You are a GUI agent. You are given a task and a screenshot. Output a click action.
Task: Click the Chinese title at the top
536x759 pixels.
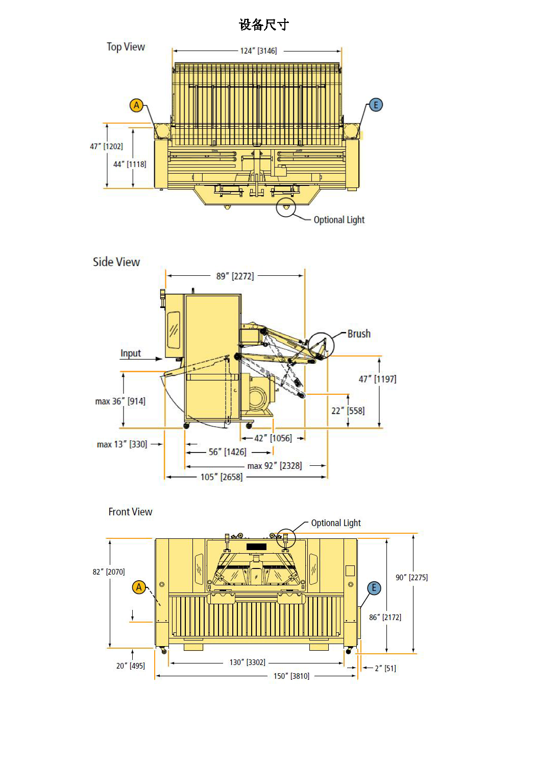tap(264, 25)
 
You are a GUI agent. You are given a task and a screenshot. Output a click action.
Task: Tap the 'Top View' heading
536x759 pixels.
tap(126, 47)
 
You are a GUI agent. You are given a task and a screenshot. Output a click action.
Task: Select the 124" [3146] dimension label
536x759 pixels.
tap(258, 51)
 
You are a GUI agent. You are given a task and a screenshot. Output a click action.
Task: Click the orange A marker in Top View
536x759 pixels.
tap(136, 105)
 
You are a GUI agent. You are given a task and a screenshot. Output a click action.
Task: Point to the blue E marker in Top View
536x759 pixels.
tap(376, 105)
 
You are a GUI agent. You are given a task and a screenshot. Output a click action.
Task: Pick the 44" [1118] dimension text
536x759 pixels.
tap(130, 164)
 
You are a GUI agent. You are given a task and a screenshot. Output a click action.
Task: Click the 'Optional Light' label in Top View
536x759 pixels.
tap(339, 220)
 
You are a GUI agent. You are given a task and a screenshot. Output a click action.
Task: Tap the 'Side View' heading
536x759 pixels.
tap(116, 262)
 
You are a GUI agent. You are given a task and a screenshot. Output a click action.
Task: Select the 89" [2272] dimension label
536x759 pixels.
tap(235, 276)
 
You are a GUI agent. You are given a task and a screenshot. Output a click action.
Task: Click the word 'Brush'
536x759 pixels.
tap(359, 334)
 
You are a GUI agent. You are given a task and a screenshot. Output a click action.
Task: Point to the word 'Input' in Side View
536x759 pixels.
tap(131, 353)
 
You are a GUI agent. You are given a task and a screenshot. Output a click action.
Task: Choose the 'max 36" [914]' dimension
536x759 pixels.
tap(120, 401)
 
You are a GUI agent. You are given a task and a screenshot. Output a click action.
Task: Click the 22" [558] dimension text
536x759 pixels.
tap(348, 411)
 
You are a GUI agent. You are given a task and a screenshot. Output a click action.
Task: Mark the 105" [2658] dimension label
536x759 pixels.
tap(222, 477)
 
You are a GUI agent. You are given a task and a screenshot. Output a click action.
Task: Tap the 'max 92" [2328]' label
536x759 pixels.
tap(275, 466)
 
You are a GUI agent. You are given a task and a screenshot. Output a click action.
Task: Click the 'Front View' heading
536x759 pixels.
tap(130, 512)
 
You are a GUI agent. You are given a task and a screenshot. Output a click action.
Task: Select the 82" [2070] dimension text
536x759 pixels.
tap(109, 572)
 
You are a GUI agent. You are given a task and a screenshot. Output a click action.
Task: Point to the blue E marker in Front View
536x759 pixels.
tap(374, 588)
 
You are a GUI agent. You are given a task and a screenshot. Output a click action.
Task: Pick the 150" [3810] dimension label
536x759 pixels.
tap(291, 676)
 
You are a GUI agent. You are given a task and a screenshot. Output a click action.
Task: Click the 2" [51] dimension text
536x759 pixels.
tap(385, 669)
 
